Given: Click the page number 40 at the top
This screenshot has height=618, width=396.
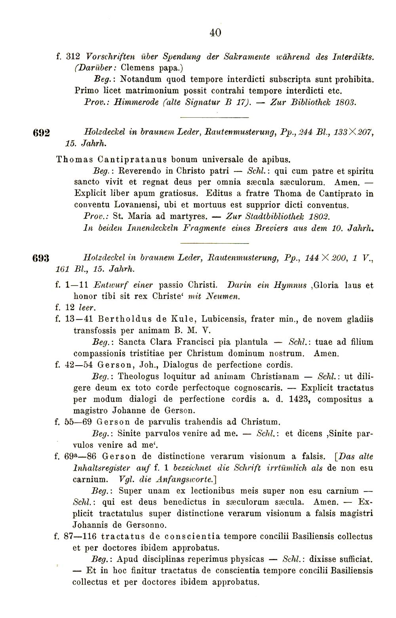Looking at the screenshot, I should [x=215, y=32].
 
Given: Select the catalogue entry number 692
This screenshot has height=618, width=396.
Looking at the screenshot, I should [x=40, y=134].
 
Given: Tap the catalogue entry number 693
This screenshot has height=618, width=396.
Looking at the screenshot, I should [x=40, y=258].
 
